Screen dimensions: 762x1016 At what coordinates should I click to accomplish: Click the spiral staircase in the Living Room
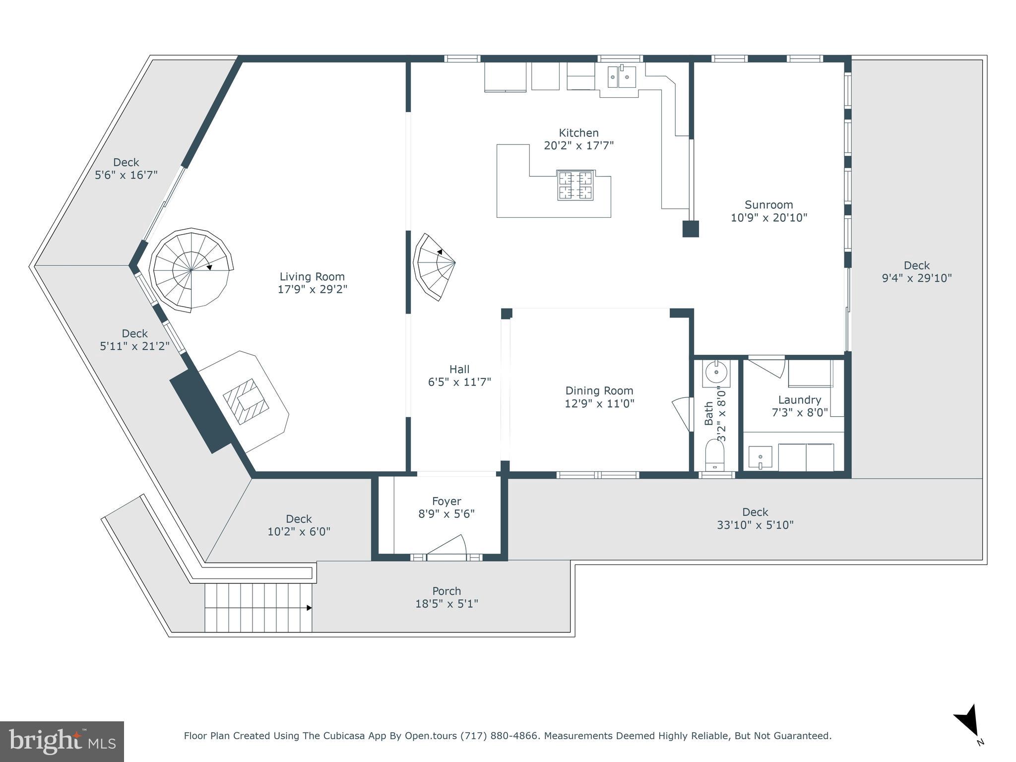191,270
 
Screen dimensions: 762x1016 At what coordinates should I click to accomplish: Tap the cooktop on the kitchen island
575,185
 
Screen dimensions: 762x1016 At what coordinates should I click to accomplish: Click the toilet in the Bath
715,454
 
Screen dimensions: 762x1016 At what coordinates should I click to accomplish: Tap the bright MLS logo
62,741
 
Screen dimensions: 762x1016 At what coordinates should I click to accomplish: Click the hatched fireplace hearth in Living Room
246,401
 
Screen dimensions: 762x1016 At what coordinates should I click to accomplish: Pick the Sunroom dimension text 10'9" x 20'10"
768,217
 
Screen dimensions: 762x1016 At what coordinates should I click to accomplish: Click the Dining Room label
599,390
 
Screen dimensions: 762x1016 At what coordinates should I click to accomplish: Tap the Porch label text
446,591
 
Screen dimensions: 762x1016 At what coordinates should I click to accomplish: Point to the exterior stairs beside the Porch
258,607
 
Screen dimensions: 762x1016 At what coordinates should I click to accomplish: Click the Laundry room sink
760,457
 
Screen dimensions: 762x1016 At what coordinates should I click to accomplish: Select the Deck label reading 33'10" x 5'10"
755,525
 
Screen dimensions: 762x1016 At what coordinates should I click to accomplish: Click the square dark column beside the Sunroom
690,229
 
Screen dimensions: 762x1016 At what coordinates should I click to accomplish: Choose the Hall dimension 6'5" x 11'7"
459,381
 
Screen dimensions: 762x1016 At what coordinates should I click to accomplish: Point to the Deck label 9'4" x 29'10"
916,278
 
